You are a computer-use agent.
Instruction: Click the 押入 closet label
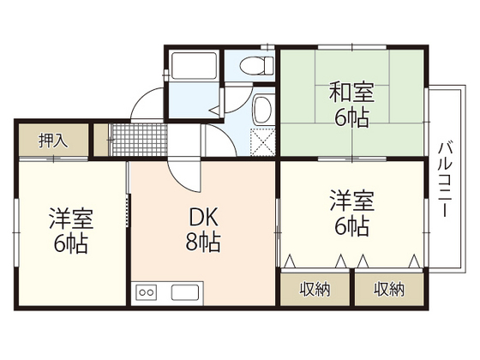52,141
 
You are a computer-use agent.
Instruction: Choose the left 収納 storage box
315,289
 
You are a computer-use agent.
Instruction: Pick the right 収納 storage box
388,289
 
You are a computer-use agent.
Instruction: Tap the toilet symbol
255,65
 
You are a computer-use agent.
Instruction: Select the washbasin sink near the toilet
263,110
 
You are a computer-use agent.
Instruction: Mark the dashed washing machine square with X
262,139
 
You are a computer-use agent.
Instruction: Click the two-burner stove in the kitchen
147,291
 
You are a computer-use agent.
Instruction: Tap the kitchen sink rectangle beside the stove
185,291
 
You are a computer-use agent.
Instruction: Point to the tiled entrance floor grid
134,138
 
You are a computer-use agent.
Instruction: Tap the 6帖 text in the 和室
351,117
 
